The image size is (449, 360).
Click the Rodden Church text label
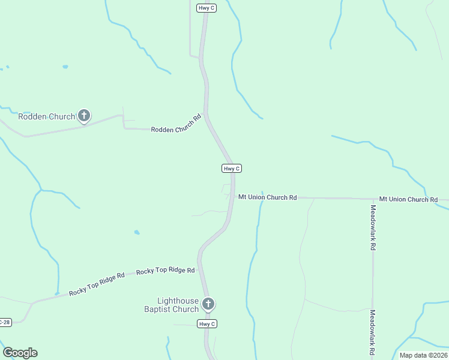[46, 116]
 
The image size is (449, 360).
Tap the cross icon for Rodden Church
[84, 115]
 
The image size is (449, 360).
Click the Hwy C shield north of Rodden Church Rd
[204, 8]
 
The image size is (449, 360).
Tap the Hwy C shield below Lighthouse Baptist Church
[206, 324]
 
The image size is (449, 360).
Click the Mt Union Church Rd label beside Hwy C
[267, 197]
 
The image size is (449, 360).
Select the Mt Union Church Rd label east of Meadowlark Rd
[408, 199]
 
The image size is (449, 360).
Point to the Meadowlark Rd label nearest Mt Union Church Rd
[373, 227]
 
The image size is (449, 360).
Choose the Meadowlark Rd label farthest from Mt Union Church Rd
[373, 331]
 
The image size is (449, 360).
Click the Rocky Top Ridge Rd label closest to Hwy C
[165, 271]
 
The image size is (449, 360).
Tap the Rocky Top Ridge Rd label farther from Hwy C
[97, 284]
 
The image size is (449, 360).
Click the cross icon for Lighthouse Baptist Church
[208, 304]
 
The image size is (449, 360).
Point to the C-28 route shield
[5, 322]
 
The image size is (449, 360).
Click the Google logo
[20, 353]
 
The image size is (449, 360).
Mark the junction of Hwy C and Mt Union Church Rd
[233, 197]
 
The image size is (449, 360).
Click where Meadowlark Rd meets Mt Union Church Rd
[373, 199]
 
